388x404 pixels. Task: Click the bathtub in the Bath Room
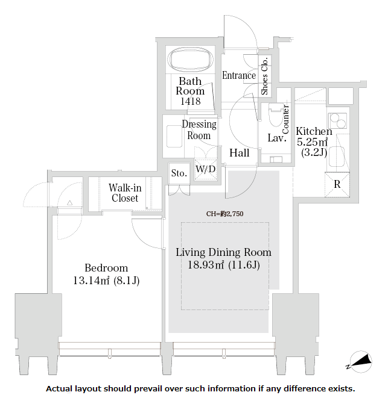tap(191, 60)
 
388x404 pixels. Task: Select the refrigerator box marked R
tap(337, 185)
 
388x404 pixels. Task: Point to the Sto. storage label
tap(179, 173)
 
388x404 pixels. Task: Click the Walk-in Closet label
tap(125, 193)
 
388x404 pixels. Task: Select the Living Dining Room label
tap(223, 252)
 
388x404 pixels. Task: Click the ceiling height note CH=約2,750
tap(224, 213)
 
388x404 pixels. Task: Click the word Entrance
tap(239, 76)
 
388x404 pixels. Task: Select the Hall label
tap(240, 153)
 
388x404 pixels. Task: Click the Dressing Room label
tap(199, 130)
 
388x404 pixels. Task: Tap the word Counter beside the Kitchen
tap(285, 119)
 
